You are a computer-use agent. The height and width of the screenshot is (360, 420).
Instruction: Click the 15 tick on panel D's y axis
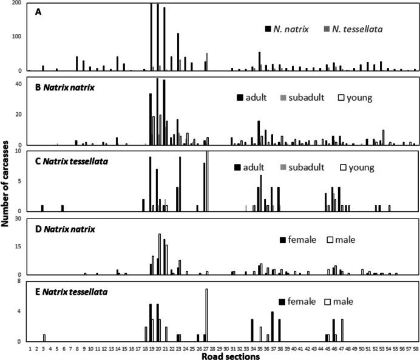coord(18,246)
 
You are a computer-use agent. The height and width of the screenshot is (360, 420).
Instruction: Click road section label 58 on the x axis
coord(415,348)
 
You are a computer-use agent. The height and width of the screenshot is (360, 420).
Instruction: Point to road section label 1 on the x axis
coord(29,348)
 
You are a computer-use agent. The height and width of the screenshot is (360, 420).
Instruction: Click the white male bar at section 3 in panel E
coord(44,338)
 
